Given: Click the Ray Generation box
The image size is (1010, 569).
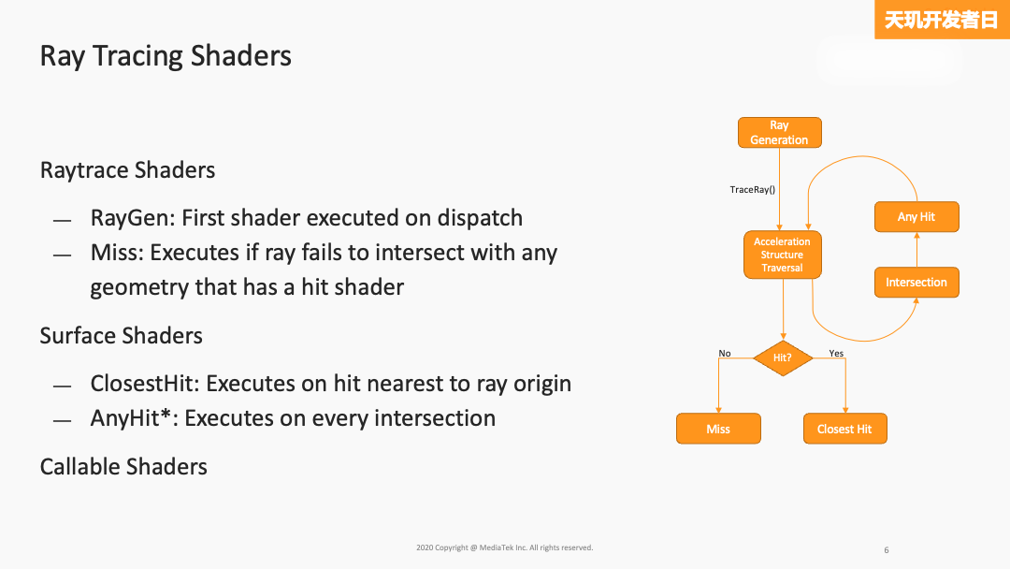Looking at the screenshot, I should coord(779,133).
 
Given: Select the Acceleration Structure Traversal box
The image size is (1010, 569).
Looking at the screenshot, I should coord(782,255).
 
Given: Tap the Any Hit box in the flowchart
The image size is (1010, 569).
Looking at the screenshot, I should coord(916,217).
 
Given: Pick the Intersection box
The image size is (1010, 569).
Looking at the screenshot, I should coord(916,283).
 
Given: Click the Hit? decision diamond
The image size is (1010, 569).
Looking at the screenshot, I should coord(782,357).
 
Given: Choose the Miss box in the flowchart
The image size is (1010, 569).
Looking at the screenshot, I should coord(718,429).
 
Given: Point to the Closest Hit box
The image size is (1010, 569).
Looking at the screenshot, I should coord(844,429).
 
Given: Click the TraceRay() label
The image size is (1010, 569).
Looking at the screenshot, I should coord(753,190).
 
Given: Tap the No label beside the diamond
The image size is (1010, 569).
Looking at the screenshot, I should coord(725,354).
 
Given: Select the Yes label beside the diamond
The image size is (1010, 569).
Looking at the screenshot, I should coord(836,354).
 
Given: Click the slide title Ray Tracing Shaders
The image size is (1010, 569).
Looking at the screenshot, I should coord(166,56).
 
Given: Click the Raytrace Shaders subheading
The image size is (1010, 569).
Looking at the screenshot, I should coord(127,170).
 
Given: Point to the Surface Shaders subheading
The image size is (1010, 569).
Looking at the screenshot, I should coord(121,336).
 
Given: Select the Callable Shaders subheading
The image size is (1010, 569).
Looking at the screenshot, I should coord(123,466).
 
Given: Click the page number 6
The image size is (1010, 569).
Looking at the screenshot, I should coord(886,550).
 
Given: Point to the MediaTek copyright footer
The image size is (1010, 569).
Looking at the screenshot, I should coord(504,547).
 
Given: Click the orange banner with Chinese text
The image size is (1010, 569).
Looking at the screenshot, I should coord(942,20).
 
